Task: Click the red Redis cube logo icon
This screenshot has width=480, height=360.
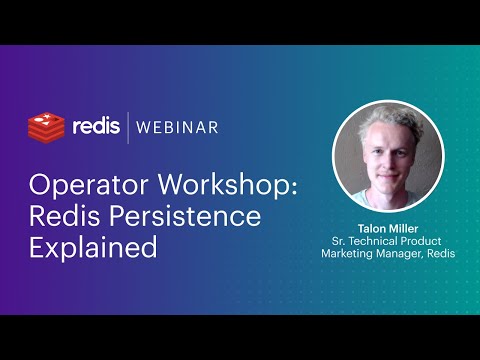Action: click(x=46, y=127)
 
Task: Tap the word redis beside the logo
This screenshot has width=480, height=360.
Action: click(x=96, y=126)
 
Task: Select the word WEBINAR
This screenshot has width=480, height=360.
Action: click(x=176, y=127)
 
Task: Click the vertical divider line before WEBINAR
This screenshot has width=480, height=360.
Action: click(x=128, y=127)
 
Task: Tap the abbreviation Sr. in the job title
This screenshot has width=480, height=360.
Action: click(x=338, y=241)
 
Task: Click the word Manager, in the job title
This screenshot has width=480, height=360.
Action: click(x=401, y=254)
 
